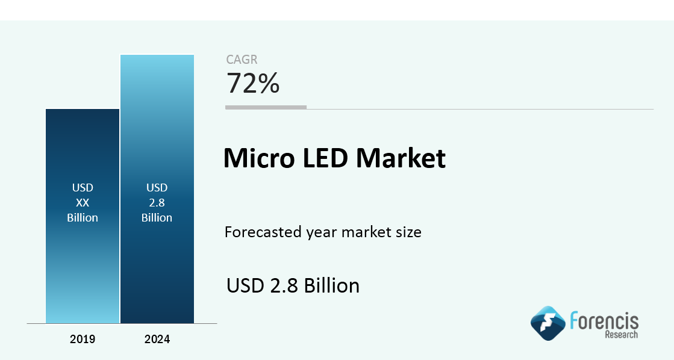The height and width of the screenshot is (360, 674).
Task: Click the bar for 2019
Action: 83,216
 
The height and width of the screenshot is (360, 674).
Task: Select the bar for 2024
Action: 157,189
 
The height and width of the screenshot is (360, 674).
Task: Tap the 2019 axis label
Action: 83,340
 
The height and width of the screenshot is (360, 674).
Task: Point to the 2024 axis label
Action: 157,340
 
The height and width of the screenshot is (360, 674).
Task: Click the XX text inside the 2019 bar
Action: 83,203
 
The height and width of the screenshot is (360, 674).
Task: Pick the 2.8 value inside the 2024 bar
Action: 157,203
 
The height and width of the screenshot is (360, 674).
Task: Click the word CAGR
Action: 242,60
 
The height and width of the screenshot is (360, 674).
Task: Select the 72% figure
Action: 253,83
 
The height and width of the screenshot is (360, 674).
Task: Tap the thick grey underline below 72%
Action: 266,107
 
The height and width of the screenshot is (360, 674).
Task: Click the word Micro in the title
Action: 260,158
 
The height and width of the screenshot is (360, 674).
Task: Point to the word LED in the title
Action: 325,158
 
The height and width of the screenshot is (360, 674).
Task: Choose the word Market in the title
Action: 401,158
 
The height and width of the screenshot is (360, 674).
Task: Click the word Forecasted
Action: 263,232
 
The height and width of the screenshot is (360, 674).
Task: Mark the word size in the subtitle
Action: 409,232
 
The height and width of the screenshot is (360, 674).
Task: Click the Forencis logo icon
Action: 548,323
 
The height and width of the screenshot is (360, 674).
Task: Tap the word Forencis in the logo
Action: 604,321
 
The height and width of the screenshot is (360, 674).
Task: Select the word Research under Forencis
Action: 622,335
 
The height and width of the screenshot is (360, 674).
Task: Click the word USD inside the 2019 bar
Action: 83,188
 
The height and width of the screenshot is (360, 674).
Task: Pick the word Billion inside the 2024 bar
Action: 157,218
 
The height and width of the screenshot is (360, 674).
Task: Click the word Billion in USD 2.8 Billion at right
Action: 332,286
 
